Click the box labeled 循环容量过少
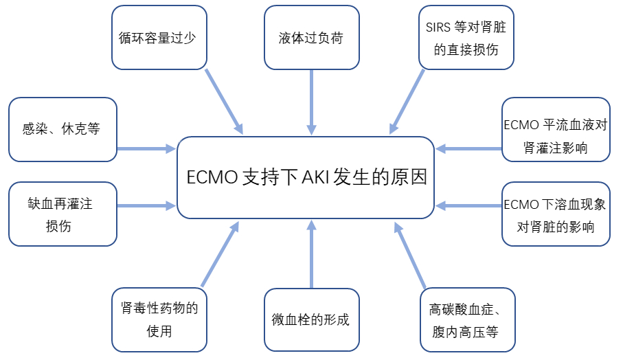click(159, 38)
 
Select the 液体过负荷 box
click(311, 38)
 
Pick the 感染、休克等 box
click(63, 129)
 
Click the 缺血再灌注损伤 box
click(63, 214)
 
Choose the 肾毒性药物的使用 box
click(159, 319)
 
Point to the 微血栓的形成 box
click(311, 319)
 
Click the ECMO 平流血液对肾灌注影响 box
click(555, 129)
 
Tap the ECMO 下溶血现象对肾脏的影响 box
click(555, 214)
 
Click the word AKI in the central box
click(315, 177)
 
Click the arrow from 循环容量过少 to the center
click(224, 100)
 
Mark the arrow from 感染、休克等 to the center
click(146, 148)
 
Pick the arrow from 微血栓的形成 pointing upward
click(311, 254)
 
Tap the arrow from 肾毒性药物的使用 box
click(220, 254)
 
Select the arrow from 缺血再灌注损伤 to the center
click(146, 205)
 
